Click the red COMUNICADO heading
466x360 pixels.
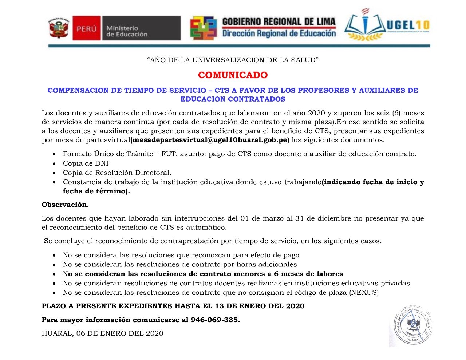(x=233, y=75)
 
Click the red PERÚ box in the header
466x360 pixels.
(x=86, y=28)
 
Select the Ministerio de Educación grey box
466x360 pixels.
(x=141, y=28)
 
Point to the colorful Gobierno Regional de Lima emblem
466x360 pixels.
(x=203, y=28)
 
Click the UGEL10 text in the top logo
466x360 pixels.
(x=408, y=25)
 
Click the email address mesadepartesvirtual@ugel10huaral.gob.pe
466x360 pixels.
(x=210, y=140)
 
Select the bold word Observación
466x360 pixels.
(x=65, y=205)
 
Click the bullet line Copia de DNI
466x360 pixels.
(x=86, y=163)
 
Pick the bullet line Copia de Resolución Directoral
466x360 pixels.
(x=117, y=173)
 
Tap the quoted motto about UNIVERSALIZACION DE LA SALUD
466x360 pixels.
(x=233, y=60)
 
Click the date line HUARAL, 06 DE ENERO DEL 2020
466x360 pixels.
(x=102, y=333)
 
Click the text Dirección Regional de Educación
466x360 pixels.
(x=279, y=33)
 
